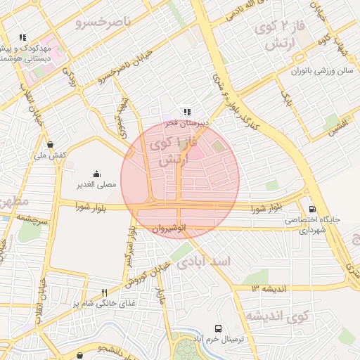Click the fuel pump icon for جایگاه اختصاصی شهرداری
click(x=312, y=209)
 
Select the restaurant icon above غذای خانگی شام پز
click(x=104, y=292)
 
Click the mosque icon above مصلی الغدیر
click(x=96, y=174)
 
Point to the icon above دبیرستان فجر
click(x=186, y=111)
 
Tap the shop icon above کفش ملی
click(x=50, y=144)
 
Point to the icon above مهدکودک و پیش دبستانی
click(x=22, y=37)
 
